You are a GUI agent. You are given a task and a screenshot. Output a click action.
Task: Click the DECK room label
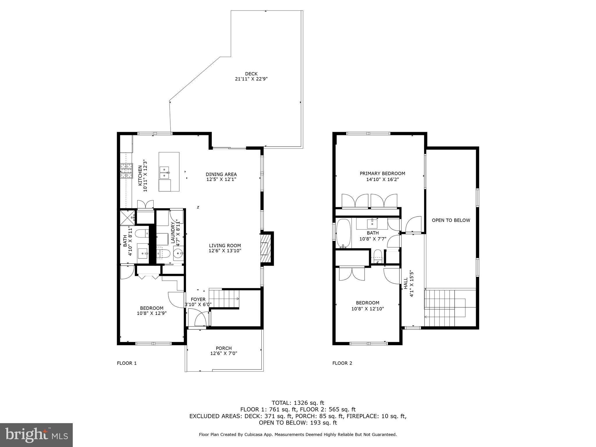click(251, 74)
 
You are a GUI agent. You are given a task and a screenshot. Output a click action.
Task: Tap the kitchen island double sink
click(165, 172)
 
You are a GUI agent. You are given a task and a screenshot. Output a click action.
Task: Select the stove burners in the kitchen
click(126, 171)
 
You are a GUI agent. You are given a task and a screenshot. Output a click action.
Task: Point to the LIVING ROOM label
click(225, 246)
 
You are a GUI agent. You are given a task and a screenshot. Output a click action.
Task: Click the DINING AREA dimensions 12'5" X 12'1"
click(221, 180)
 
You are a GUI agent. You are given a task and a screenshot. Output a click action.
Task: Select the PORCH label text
click(223, 348)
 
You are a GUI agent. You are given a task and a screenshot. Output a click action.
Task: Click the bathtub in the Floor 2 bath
click(344, 233)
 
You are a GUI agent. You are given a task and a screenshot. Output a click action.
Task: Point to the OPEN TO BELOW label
click(451, 220)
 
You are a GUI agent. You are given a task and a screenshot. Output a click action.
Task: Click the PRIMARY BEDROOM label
click(382, 174)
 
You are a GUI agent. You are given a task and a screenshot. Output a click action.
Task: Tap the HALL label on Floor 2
click(406, 283)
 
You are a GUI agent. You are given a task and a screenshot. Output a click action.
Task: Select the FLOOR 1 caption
click(127, 363)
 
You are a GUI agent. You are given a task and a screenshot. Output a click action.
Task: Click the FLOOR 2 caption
click(342, 363)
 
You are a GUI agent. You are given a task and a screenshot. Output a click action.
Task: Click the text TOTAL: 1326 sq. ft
click(298, 403)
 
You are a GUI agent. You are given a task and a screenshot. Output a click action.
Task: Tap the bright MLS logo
click(36, 435)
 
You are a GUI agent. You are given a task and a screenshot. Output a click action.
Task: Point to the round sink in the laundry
click(178, 253)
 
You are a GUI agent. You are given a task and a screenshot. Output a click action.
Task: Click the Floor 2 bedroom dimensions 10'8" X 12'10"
click(368, 309)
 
